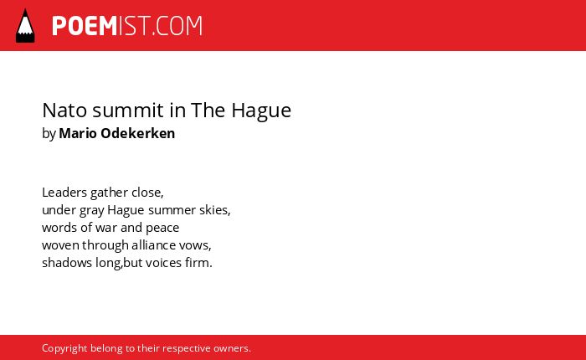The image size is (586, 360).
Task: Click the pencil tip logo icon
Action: [25, 25]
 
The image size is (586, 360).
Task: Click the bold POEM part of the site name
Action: [85, 26]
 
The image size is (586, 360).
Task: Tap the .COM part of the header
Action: [177, 26]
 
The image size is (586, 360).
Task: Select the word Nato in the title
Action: [64, 111]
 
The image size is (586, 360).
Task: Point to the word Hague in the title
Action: [261, 111]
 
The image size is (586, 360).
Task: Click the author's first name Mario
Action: [78, 133]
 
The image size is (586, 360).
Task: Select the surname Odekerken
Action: [138, 133]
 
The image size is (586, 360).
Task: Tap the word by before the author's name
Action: [49, 134]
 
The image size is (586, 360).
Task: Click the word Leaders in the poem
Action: [64, 193]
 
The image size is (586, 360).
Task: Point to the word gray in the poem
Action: [91, 211]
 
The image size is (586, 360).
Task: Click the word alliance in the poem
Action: [153, 245]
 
